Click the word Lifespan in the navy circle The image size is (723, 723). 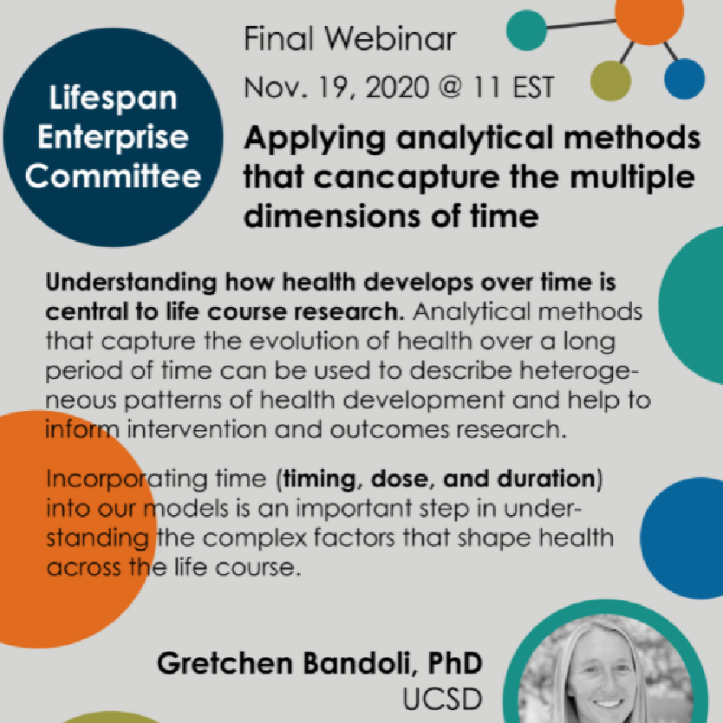click(113, 99)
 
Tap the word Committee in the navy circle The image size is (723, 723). click(113, 176)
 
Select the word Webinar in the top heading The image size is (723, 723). click(390, 38)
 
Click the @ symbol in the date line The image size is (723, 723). click(450, 87)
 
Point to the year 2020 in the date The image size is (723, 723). click(397, 88)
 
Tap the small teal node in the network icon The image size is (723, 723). click(526, 30)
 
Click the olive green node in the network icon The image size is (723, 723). click(610, 81)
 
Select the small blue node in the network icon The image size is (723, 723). click(684, 79)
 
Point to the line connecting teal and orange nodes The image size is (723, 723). click(581, 24)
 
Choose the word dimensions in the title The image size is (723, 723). click(332, 216)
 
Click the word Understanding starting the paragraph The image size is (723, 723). click(131, 283)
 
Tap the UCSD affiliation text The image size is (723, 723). click(442, 700)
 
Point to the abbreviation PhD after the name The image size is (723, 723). click(455, 663)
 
